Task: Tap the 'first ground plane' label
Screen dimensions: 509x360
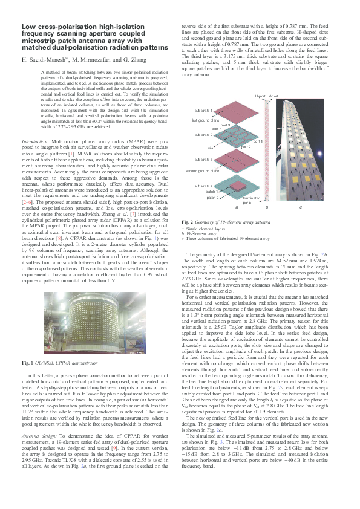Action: pos(205,121)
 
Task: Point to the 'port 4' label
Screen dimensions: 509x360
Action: pos(217,128)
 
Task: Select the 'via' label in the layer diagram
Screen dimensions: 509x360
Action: pos(211,148)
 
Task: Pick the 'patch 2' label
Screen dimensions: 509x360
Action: pos(212,197)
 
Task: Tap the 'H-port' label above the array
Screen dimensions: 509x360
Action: pos(260,97)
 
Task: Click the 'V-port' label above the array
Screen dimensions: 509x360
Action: pos(273,97)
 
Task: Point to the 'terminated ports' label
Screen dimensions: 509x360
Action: pos(250,200)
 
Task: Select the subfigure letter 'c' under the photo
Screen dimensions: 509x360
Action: pos(301,207)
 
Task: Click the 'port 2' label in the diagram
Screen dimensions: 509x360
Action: pos(246,147)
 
